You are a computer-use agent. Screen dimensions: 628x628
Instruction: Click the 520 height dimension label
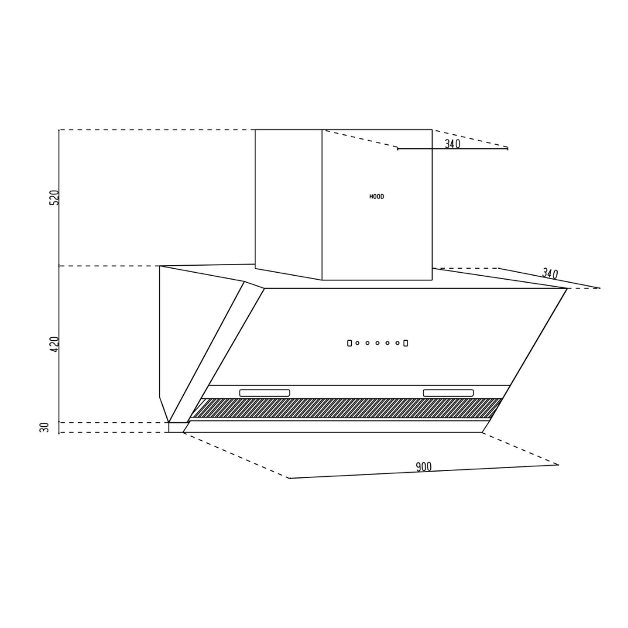pos(55,197)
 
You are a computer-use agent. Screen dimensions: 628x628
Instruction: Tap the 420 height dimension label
pos(55,344)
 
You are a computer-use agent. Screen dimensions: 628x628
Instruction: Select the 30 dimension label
pos(45,428)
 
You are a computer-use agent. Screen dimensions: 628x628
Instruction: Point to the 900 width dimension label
pos(424,467)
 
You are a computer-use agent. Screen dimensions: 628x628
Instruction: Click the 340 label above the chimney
pos(452,144)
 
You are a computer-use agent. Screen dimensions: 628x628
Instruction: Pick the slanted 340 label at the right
pos(549,273)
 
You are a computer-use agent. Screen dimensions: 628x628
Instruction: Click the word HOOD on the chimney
pos(377,197)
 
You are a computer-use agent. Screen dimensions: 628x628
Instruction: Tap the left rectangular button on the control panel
pos(349,343)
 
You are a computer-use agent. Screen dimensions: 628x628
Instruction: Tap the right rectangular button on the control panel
pos(405,343)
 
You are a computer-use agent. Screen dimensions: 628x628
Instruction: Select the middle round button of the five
pos(377,343)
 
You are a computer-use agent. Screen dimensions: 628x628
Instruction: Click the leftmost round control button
pos(358,343)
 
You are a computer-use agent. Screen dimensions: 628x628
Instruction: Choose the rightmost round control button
pos(397,343)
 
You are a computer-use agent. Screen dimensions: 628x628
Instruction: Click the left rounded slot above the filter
pos(265,393)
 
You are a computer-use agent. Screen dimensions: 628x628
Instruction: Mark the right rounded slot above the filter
pos(448,393)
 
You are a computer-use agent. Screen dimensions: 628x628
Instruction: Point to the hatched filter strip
pos(346,408)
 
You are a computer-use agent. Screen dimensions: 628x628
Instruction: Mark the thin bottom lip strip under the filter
pos(334,427)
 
